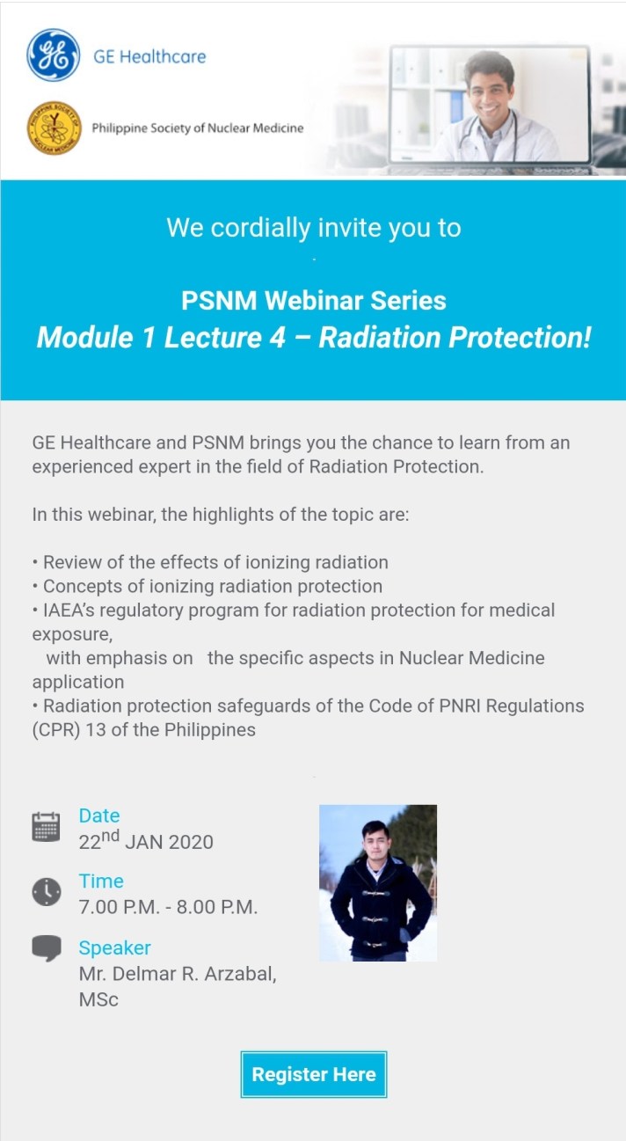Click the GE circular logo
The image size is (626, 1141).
54,55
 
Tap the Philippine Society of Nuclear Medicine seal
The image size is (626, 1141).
54,128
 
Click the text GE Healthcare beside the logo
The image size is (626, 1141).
149,57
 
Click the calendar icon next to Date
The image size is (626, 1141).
46,828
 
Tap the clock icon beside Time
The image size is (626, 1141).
47,892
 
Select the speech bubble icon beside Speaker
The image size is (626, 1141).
47,948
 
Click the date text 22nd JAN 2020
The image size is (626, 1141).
146,842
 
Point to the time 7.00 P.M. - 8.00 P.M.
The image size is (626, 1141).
168,907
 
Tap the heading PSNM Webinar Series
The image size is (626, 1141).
313,301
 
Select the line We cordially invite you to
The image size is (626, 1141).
313,228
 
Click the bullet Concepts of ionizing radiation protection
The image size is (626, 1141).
212,586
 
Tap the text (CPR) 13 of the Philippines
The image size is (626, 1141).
144,730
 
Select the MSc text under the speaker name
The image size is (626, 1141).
98,999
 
